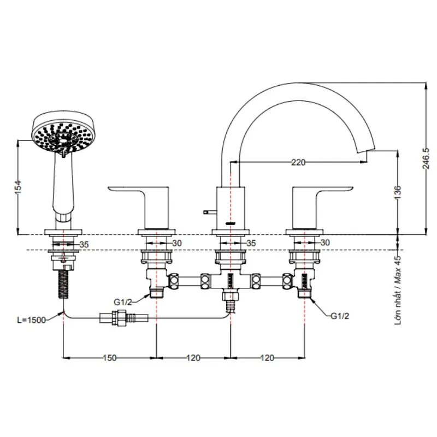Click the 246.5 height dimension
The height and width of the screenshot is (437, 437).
(429, 158)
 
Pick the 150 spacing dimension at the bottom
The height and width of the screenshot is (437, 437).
(110, 358)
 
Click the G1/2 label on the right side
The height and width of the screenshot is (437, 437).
(340, 315)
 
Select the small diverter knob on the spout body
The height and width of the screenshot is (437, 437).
(208, 210)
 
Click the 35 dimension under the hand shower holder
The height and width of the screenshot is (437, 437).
(84, 245)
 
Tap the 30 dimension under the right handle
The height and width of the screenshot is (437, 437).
(326, 243)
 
